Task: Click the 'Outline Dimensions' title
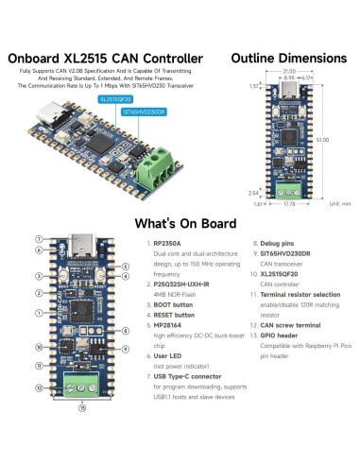[292, 59]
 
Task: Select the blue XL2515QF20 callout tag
[115, 97]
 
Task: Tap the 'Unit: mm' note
[338, 202]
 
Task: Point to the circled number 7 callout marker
[38, 239]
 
